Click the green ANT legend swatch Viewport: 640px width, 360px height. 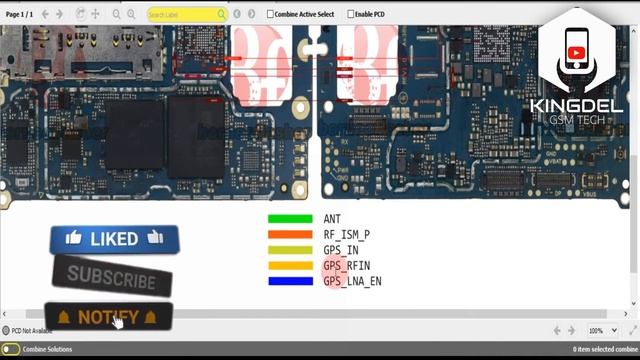(290, 219)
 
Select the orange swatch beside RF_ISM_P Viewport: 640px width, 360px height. (290, 235)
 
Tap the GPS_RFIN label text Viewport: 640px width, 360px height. (347, 266)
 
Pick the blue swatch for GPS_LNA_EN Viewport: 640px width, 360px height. (290, 282)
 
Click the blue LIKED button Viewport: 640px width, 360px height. (114, 239)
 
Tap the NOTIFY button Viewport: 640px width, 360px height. (108, 317)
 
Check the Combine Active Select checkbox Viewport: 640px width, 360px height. (271, 14)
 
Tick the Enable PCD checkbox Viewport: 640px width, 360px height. (351, 14)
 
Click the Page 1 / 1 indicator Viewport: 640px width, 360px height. (20, 14)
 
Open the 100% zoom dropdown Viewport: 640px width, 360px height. (599, 330)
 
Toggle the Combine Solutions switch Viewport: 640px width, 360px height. (10, 349)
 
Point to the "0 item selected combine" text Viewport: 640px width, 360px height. (602, 349)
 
